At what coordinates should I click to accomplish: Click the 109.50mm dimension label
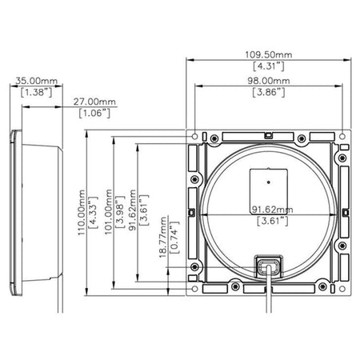coord(269,54)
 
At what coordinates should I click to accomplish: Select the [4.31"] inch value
coord(269,66)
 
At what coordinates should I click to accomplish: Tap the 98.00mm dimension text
coord(269,81)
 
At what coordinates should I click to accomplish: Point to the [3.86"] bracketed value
coord(269,92)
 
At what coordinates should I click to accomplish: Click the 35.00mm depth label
coord(36,81)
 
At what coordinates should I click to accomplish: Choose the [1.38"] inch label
coord(36,92)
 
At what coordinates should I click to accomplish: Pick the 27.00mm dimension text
coord(94,102)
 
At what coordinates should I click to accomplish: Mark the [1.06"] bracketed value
coord(94,113)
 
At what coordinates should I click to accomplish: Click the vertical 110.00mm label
coord(81,213)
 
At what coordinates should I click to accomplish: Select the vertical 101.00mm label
coord(108,212)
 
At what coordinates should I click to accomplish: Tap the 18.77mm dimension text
coord(163,238)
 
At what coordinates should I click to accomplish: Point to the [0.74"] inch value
coord(174,238)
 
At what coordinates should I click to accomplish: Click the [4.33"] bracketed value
coord(93,213)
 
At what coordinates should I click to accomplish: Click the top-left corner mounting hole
coord(195,137)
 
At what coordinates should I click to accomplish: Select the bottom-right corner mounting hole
coord(342,289)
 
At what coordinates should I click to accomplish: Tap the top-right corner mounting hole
coord(342,137)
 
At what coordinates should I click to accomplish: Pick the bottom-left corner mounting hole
coord(195,289)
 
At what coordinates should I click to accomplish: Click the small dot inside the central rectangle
coord(269,182)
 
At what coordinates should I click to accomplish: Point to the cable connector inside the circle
coord(269,266)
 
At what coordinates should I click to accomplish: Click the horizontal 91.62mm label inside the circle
coord(273,210)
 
